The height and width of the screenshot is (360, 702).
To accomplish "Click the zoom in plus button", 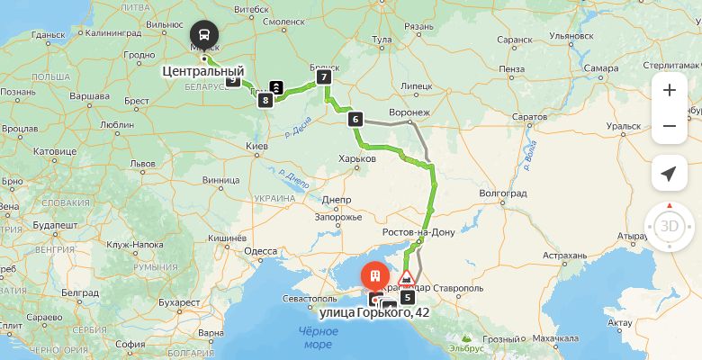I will coord(669,90).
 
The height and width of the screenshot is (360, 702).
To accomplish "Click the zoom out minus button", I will coord(669,126).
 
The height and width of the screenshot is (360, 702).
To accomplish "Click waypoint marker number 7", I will coord(324,77).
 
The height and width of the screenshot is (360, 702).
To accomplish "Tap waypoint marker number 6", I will coord(355,119).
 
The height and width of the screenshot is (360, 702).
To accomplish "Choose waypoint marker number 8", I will coord(265,100).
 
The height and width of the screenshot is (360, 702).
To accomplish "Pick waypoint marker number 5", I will coord(407,296).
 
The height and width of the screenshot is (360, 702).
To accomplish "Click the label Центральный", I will coord(202,70).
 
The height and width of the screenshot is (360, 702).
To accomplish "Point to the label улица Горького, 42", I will coord(374,312).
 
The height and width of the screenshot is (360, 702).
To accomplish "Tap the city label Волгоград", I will coord(503,192).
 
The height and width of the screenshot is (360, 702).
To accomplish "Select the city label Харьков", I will coord(358,158).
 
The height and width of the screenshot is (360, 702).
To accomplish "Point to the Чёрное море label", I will coord(318,337).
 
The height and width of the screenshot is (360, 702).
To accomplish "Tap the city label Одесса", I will coord(261,251).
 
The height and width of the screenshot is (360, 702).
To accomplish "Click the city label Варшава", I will coord(89,94).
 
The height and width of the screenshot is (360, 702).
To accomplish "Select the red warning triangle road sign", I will coord(407,276).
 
